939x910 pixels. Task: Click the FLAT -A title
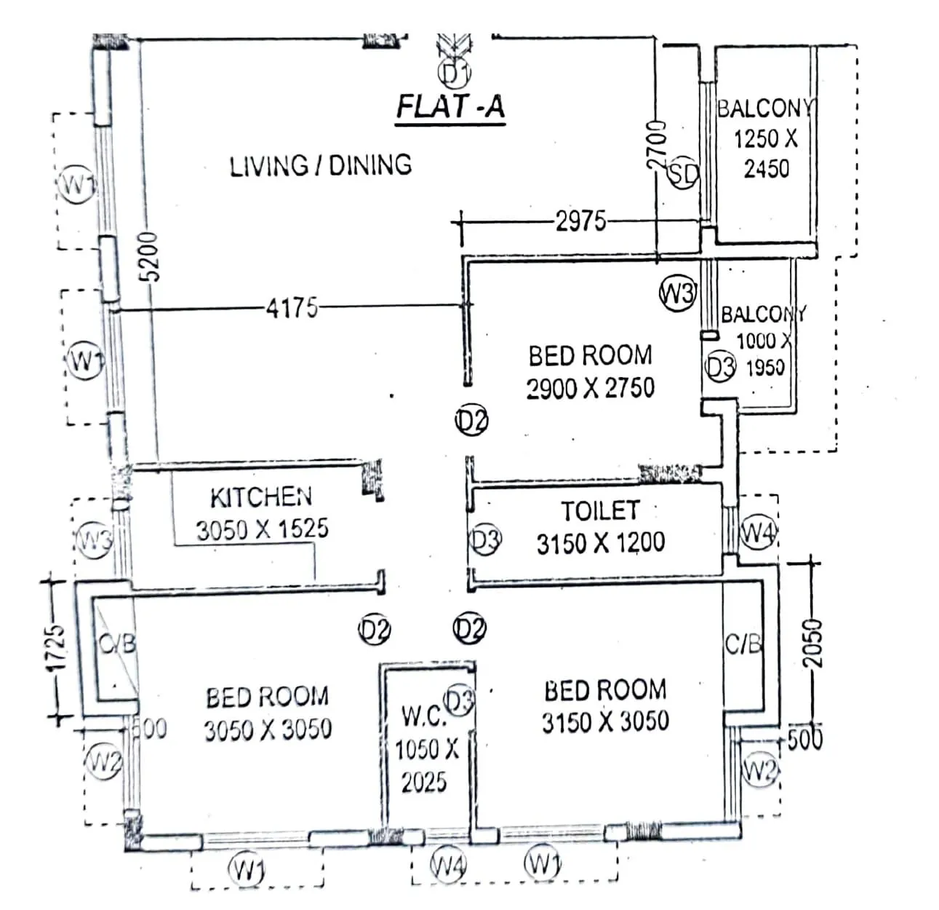pos(449,106)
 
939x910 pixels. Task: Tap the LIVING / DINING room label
pos(321,165)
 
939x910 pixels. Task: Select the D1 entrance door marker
pos(455,73)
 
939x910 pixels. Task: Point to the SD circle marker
pos(683,173)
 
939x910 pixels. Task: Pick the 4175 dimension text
pos(292,309)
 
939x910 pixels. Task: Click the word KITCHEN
pos(261,498)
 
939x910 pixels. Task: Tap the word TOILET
pos(600,510)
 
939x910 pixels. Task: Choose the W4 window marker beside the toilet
pos(758,534)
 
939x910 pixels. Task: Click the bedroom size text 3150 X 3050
pos(605,721)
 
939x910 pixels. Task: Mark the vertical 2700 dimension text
pos(657,146)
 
